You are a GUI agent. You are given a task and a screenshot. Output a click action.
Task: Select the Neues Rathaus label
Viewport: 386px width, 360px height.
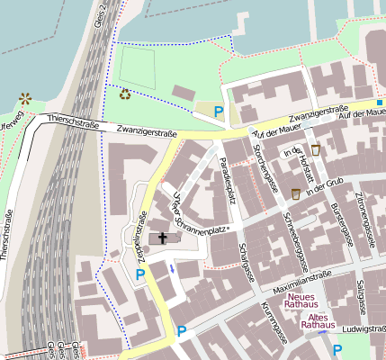[302, 301]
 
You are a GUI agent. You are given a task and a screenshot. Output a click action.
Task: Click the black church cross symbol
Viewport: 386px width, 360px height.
[164, 238]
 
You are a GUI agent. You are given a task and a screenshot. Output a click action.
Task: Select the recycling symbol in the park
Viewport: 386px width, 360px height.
[124, 93]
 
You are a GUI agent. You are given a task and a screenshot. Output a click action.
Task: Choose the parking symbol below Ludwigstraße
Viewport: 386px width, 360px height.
[338, 349]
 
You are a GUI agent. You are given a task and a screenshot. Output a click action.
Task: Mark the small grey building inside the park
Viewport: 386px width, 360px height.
[184, 93]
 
